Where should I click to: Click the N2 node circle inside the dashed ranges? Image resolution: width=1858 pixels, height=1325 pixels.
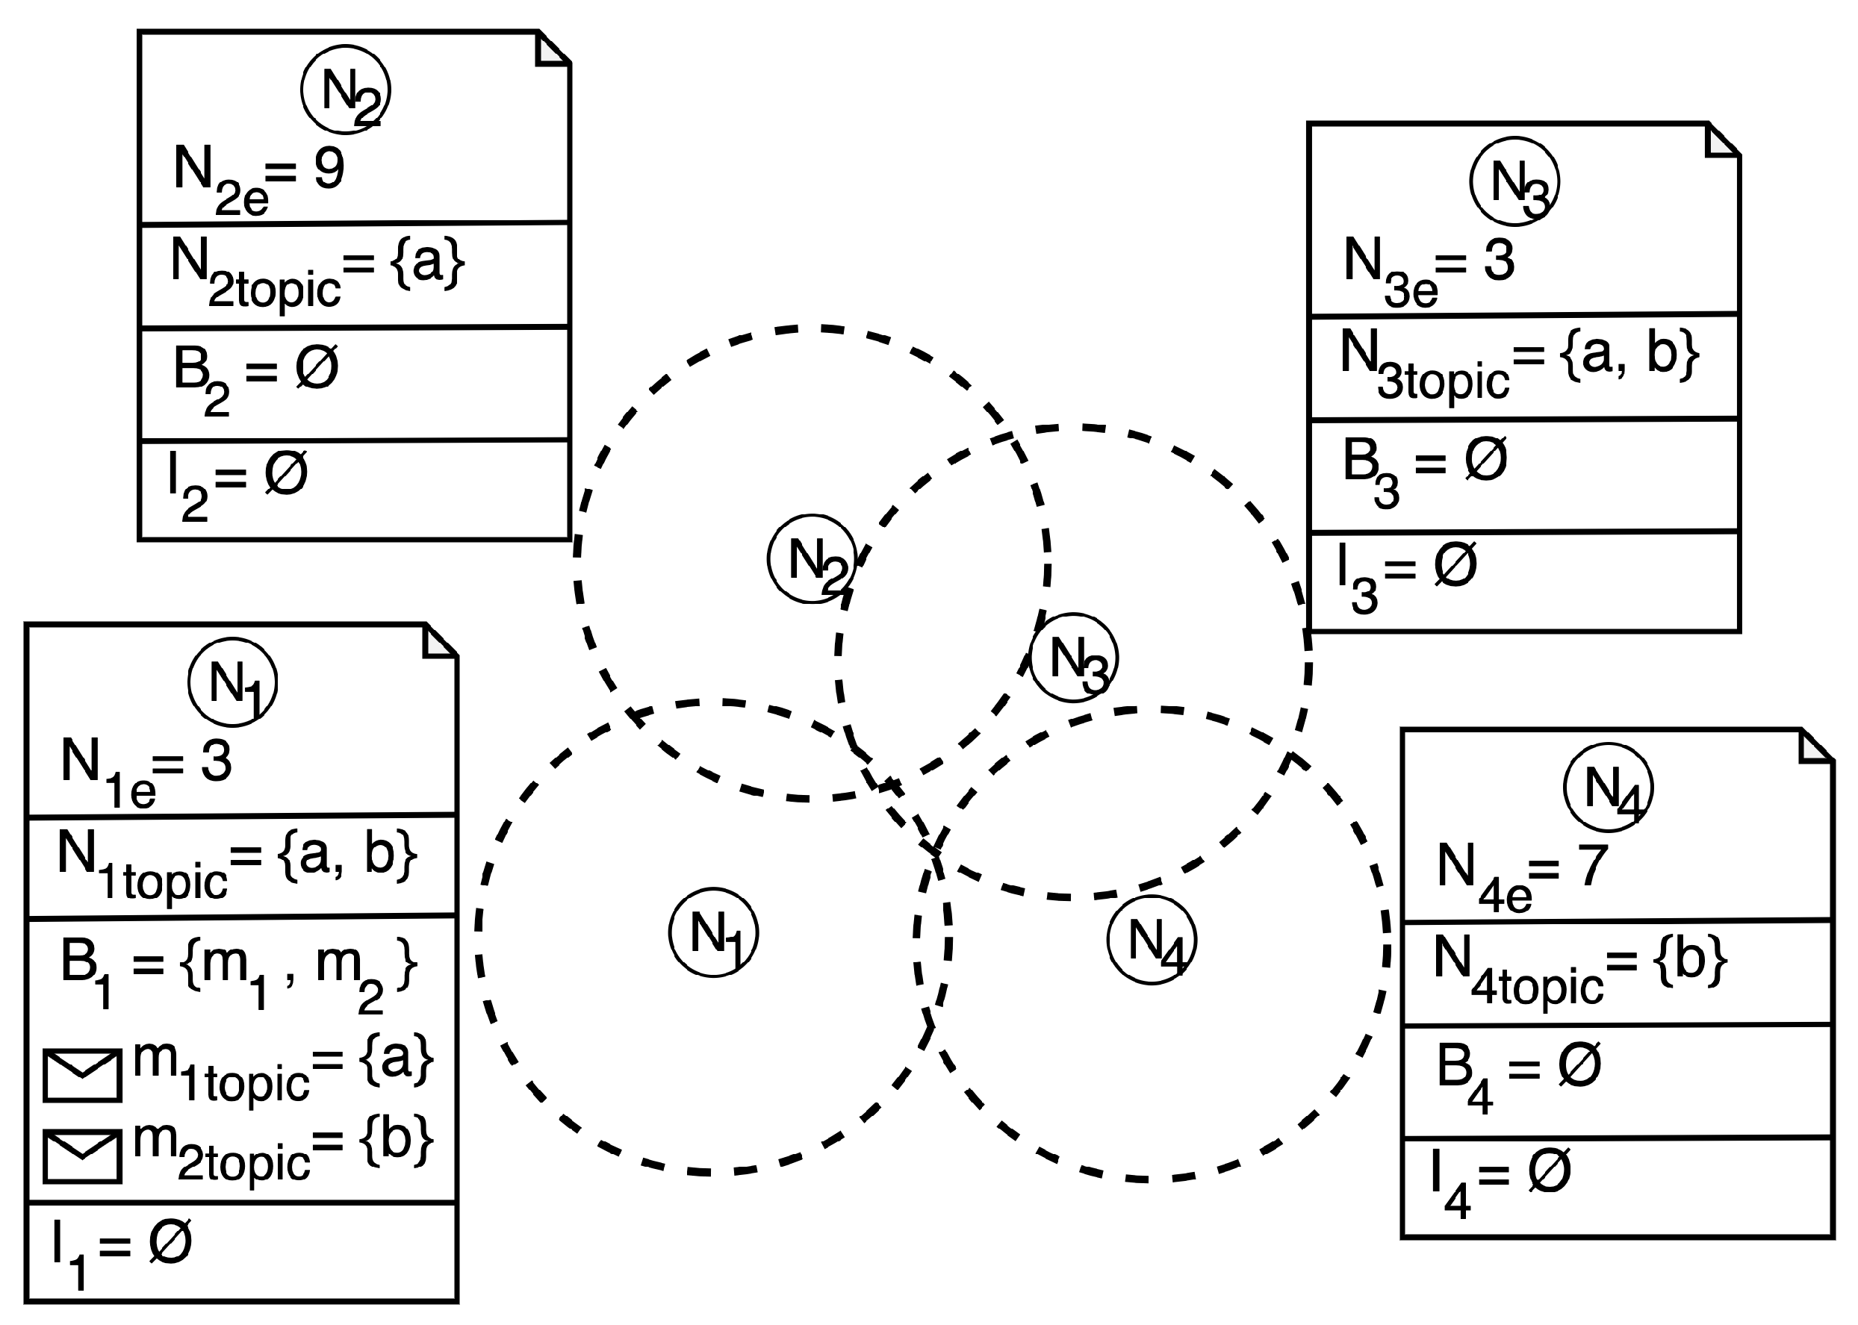point(812,559)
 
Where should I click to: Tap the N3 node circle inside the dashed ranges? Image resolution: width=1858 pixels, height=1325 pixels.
point(1073,658)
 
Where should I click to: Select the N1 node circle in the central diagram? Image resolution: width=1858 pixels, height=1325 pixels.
point(713,932)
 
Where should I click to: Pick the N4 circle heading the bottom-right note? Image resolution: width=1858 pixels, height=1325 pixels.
point(1608,788)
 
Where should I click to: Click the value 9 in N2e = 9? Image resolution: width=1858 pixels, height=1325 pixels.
point(329,169)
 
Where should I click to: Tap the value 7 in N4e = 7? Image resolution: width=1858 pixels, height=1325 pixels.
point(1592,866)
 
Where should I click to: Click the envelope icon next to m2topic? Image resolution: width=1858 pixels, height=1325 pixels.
point(82,1156)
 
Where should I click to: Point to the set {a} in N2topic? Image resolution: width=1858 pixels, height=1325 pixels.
point(429,263)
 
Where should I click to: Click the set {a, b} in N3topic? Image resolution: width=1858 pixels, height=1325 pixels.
point(1629,354)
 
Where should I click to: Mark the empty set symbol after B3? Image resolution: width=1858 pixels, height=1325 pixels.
point(1485,459)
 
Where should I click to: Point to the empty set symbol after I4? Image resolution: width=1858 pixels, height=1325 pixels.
point(1549,1172)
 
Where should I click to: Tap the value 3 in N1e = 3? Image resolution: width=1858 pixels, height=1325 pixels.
point(217,762)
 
